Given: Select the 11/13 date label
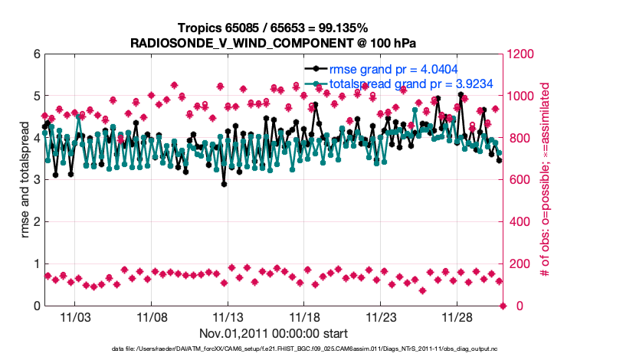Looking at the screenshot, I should pos(228,316).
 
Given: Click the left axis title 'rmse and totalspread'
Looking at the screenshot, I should pos(25,180).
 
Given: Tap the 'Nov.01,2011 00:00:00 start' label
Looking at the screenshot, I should pos(274,333).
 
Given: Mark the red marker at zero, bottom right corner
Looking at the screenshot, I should pos(503,306).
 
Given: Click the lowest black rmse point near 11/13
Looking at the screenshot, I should pos(224,184).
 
